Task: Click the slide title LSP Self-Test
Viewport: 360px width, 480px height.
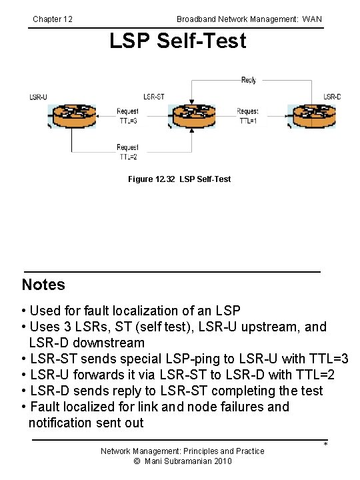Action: tap(178, 41)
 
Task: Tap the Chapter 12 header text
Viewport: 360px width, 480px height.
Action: tap(53, 19)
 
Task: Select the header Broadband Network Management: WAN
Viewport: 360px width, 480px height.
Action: tap(249, 19)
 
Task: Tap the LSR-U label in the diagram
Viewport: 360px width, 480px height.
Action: tap(39, 97)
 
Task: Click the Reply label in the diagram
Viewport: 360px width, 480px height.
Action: tap(249, 81)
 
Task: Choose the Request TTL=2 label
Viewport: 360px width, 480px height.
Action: tap(128, 152)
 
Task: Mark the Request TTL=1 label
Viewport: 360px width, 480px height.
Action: tap(248, 116)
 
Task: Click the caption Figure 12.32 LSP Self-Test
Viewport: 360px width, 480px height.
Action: tap(179, 179)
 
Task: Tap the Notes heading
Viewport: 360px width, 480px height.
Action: tap(43, 285)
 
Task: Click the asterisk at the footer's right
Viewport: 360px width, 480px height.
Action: tap(325, 445)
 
